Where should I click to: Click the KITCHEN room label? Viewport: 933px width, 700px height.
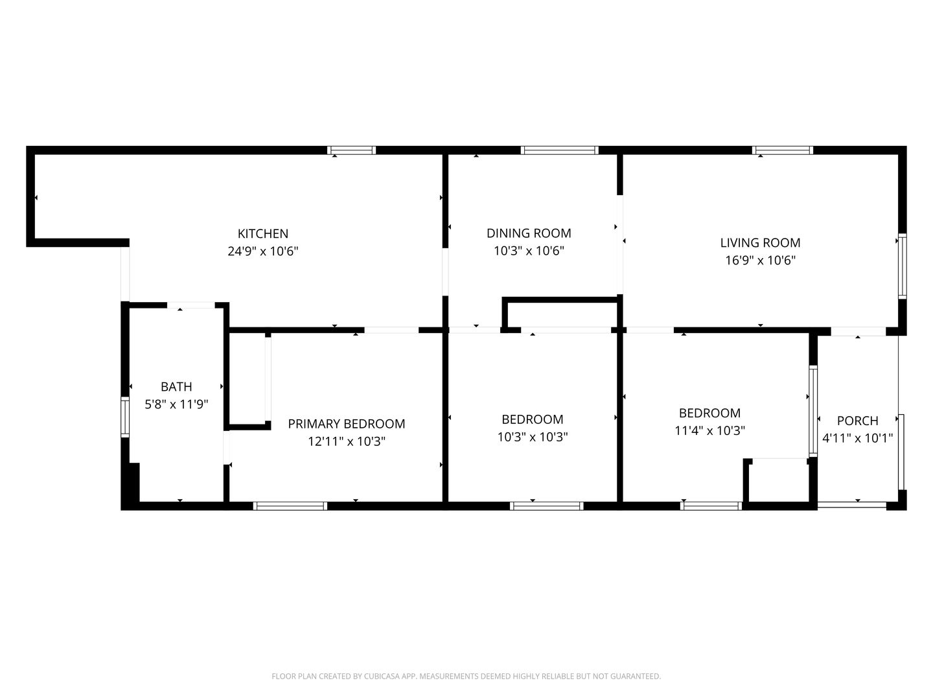coord(262,233)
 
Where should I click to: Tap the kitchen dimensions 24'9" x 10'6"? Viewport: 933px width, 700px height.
coord(262,251)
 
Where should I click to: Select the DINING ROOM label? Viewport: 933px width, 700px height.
coord(529,233)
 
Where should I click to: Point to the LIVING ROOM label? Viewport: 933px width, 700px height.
coord(760,243)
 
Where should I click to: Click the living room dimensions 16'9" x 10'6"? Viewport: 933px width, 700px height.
coord(760,261)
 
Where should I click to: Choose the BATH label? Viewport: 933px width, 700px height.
coord(176,387)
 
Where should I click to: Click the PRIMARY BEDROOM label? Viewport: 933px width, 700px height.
coord(346,424)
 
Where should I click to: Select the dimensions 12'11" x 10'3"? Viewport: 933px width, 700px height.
coord(346,442)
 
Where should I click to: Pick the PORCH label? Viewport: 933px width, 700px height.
coord(857,421)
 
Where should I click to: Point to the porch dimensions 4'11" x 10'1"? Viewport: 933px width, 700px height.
coord(857,438)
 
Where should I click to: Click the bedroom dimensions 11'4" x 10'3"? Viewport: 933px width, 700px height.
coord(709,430)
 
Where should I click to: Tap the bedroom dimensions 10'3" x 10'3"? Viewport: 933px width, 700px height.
coord(533,437)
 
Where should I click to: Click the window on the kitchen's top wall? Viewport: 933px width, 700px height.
coord(352,150)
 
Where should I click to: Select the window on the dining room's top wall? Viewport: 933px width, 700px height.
coord(560,150)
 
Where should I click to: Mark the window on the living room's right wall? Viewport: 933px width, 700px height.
coord(902,266)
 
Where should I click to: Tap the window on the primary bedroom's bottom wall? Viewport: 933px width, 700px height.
coord(290,506)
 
